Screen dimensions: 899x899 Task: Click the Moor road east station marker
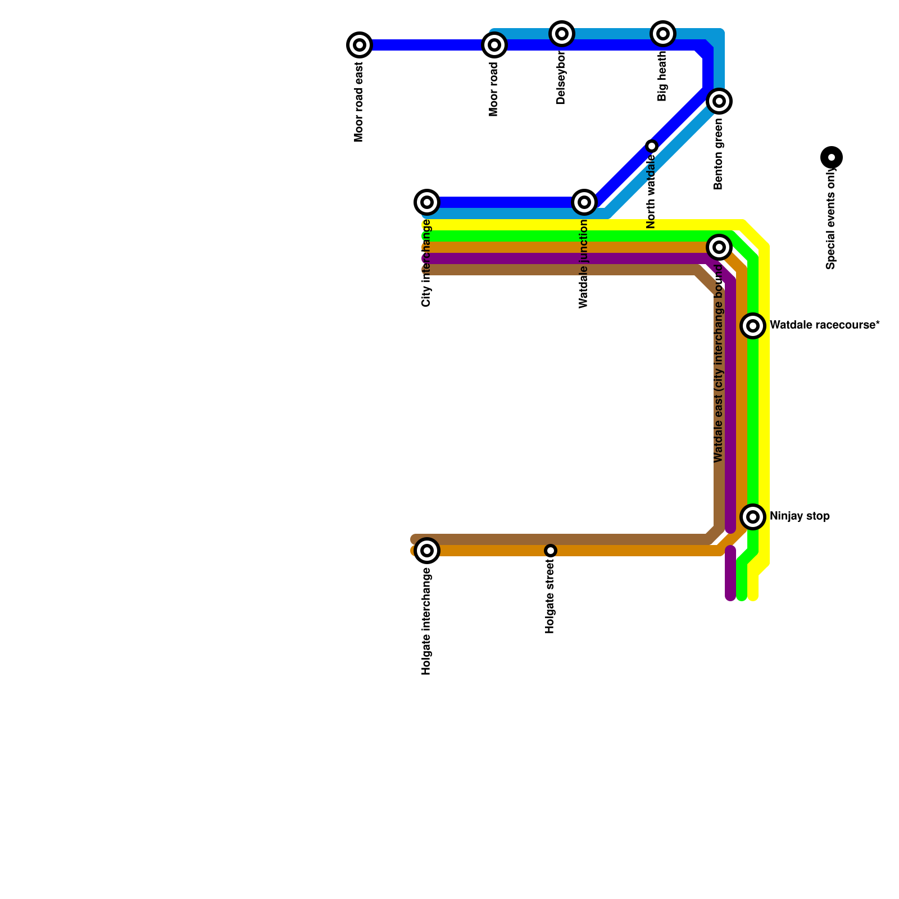(360, 45)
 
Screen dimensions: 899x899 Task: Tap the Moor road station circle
(494, 45)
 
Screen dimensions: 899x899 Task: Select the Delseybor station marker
(562, 34)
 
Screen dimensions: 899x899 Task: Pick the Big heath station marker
(663, 34)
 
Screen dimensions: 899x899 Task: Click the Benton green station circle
(719, 101)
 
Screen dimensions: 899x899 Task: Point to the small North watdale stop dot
(652, 146)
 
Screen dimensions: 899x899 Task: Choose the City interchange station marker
(427, 202)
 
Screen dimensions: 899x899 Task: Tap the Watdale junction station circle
(584, 202)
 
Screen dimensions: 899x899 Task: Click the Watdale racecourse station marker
(753, 326)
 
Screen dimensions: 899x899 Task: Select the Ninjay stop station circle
(753, 517)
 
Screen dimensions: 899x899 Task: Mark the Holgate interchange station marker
(427, 551)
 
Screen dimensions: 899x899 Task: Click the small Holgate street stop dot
(551, 551)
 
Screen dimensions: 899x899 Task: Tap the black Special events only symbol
(832, 157)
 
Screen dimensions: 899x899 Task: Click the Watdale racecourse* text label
(824, 325)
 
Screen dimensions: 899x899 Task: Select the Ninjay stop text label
(800, 516)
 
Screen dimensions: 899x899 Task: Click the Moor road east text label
(359, 102)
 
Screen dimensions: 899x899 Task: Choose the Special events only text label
(831, 220)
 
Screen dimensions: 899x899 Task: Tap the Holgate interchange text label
(426, 621)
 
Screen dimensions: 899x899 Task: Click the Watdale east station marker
(719, 247)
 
